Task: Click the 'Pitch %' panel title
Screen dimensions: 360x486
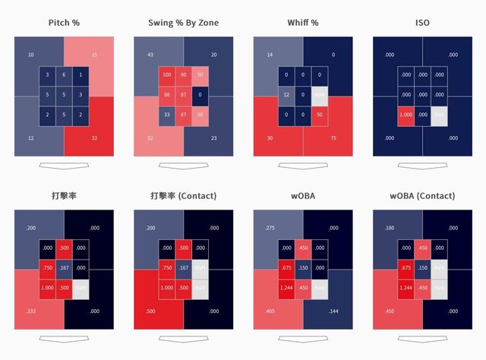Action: pos(64,23)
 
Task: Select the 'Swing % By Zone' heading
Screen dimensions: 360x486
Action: pos(184,23)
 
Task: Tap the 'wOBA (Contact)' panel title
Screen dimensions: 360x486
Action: pos(423,196)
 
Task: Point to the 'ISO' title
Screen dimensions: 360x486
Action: pos(423,23)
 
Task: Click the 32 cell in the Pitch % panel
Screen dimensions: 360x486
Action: pos(94,138)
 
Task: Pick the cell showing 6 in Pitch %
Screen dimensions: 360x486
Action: pos(64,74)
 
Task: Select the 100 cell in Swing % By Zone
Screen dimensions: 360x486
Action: pos(166,74)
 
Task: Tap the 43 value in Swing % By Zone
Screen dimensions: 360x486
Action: pos(150,55)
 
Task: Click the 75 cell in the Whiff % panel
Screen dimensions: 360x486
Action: pos(333,138)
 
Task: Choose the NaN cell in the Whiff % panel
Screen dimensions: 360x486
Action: pos(320,95)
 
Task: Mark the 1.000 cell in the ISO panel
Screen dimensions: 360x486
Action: pos(406,115)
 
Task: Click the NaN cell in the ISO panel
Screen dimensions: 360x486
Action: pos(440,115)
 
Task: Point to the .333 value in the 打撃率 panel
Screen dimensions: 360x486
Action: pos(30,311)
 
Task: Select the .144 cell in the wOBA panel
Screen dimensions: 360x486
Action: pos(333,311)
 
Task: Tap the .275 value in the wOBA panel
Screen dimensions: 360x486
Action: pos(270,228)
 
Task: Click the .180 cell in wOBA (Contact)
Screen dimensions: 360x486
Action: pos(390,228)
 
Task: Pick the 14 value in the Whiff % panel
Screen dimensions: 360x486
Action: pos(270,55)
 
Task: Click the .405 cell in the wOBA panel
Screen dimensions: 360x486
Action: pos(270,311)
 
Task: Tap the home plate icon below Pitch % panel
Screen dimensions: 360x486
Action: pos(64,165)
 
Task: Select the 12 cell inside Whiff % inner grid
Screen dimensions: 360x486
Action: pos(286,95)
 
